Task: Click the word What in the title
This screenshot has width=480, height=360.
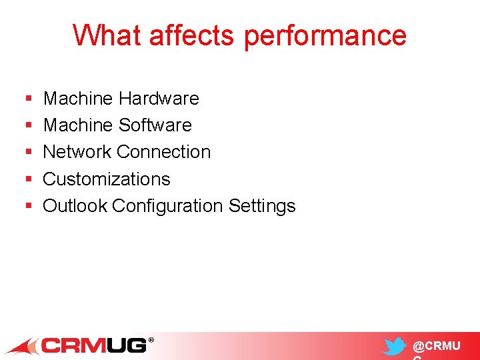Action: [108, 35]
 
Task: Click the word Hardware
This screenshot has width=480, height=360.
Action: [159, 99]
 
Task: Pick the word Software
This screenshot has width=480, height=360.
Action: [155, 125]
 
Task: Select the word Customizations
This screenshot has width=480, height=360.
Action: [107, 179]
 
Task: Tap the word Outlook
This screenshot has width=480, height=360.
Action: [75, 206]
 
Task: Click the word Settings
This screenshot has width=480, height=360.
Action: [262, 207]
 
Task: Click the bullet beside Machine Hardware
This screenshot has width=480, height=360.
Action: [28, 99]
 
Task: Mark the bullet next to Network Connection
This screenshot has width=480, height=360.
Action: [28, 153]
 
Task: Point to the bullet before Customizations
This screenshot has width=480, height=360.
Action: [28, 180]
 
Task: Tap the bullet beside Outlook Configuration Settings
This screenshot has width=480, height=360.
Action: [28, 207]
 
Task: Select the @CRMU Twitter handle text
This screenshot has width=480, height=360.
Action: [436, 347]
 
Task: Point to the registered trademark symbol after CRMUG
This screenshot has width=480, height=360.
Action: [151, 341]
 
